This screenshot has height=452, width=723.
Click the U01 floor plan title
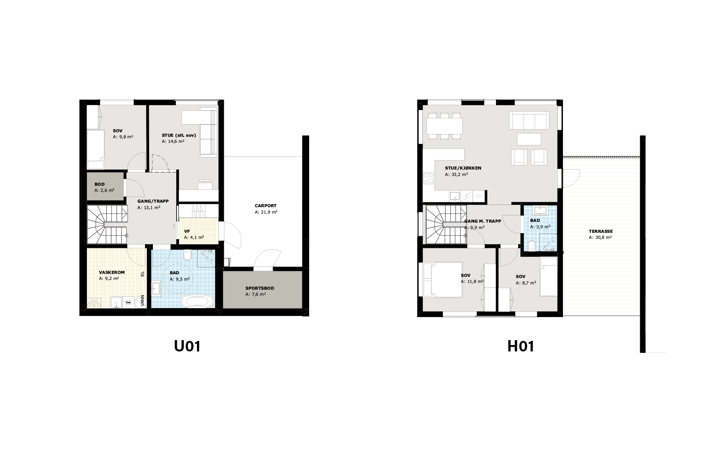pos(187,346)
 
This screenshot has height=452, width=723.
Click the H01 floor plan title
pos(521,346)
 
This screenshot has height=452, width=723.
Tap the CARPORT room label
pos(265,206)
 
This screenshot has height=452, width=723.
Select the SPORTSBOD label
pos(260,288)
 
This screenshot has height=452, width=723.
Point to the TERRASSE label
pos(601,231)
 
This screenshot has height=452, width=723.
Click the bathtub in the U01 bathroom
pos(198,301)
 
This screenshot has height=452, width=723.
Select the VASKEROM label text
pos(112,272)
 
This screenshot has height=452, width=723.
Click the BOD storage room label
pos(99,184)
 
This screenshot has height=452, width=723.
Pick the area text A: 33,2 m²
pos(456,175)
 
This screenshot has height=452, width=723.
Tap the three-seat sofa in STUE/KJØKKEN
pos(529,120)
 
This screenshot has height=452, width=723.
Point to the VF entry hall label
pos(187,231)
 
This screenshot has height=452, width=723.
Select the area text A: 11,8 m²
pos(472,281)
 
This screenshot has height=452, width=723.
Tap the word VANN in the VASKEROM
pos(142,301)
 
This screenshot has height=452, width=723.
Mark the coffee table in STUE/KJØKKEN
pos(529,139)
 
